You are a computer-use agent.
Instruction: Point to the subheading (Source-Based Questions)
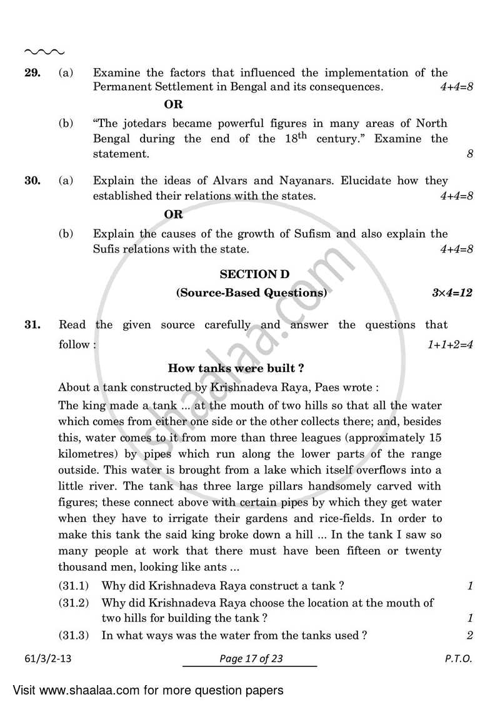coord(251,292)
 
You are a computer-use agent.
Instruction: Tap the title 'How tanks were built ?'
coord(236,368)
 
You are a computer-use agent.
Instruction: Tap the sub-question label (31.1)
coord(74,586)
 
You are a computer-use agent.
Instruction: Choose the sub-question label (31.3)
coord(74,635)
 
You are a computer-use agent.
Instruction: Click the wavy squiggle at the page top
coord(44,52)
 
